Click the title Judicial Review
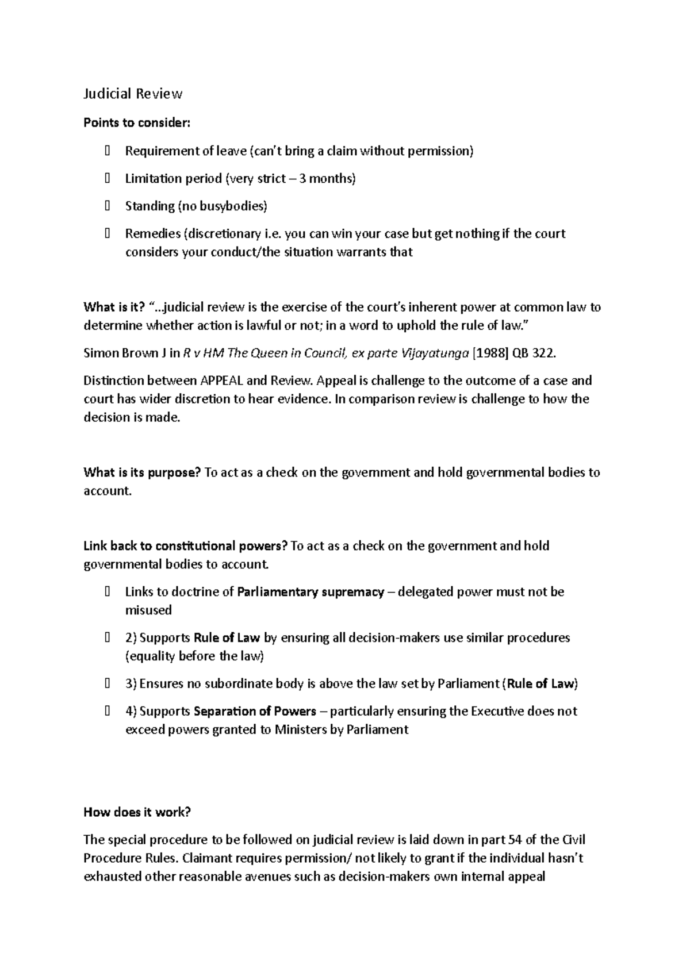click(x=133, y=94)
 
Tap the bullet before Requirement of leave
click(x=108, y=151)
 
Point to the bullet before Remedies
click(x=108, y=234)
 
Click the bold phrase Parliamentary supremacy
click(x=310, y=593)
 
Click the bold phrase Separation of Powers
click(x=255, y=712)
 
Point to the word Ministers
click(x=301, y=731)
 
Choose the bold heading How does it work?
click(x=137, y=813)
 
